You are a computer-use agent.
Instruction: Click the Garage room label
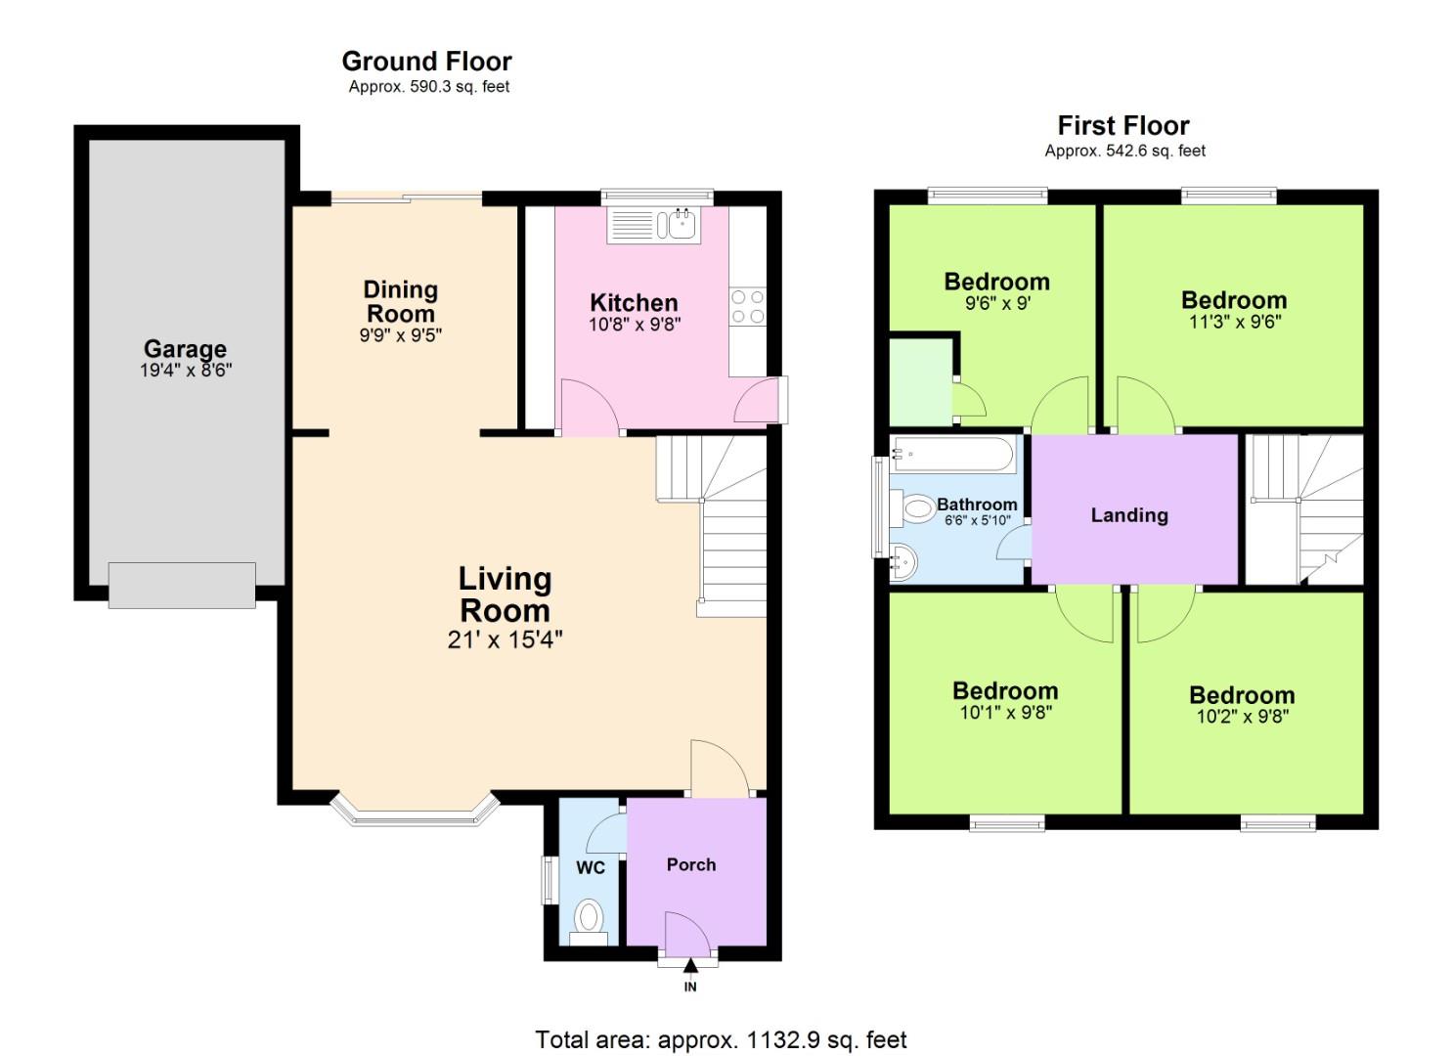[x=185, y=349]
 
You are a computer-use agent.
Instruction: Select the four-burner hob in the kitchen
[x=747, y=306]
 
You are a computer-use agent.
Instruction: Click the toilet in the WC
[x=589, y=919]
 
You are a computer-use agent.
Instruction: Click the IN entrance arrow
[x=690, y=968]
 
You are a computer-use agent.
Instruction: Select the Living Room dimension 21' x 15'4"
[x=505, y=640]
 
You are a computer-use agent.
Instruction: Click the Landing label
[x=1129, y=515]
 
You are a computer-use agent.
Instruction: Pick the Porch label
[x=691, y=864]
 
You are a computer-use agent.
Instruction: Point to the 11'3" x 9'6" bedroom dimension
[x=1234, y=322]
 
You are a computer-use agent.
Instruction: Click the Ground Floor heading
[x=426, y=62]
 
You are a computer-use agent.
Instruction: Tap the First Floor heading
[x=1123, y=126]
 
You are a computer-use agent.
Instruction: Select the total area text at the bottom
[x=721, y=1039]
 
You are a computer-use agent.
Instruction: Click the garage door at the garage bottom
[x=182, y=585]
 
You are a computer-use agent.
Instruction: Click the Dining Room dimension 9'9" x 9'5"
[x=400, y=335]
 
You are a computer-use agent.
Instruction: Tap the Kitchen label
[x=634, y=302]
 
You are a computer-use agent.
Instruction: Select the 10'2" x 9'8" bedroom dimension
[x=1242, y=717]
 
